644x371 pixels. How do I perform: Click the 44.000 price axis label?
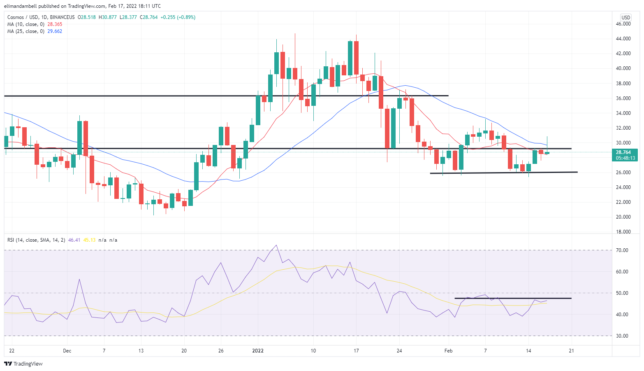tap(623, 39)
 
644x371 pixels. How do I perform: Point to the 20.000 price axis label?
tap(623, 217)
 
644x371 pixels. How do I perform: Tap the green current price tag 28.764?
tap(625, 152)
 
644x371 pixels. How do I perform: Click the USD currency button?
tap(625, 17)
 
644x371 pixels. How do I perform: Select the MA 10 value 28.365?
tap(55, 24)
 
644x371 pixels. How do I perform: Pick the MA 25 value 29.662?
tap(55, 31)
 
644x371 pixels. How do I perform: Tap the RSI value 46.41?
tap(74, 240)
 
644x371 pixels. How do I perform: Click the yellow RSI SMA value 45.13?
tap(89, 240)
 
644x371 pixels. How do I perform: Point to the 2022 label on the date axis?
tap(258, 351)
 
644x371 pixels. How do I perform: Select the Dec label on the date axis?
tap(67, 351)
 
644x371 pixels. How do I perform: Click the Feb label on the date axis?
tap(448, 351)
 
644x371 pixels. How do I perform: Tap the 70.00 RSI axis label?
tap(622, 250)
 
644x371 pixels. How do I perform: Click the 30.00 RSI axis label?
tap(622, 336)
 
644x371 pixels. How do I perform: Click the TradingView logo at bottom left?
tap(23, 364)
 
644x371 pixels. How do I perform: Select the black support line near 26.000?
tap(503, 173)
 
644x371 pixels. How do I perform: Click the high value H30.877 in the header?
tap(107, 17)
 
